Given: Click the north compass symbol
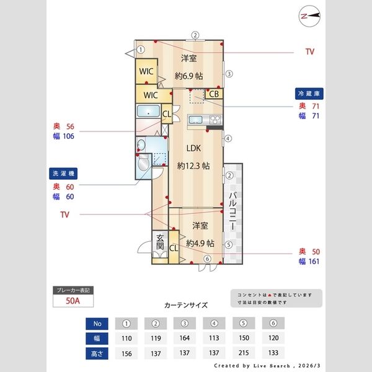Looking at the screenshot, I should [x=309, y=16].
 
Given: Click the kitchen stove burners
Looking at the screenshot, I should [x=215, y=119].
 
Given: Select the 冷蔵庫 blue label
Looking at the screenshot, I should [x=311, y=94].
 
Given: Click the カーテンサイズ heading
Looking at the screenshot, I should [x=186, y=305].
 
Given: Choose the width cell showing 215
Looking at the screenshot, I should [x=245, y=339].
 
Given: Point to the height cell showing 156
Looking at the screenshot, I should [x=126, y=354].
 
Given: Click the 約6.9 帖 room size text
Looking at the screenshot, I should [x=188, y=77].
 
